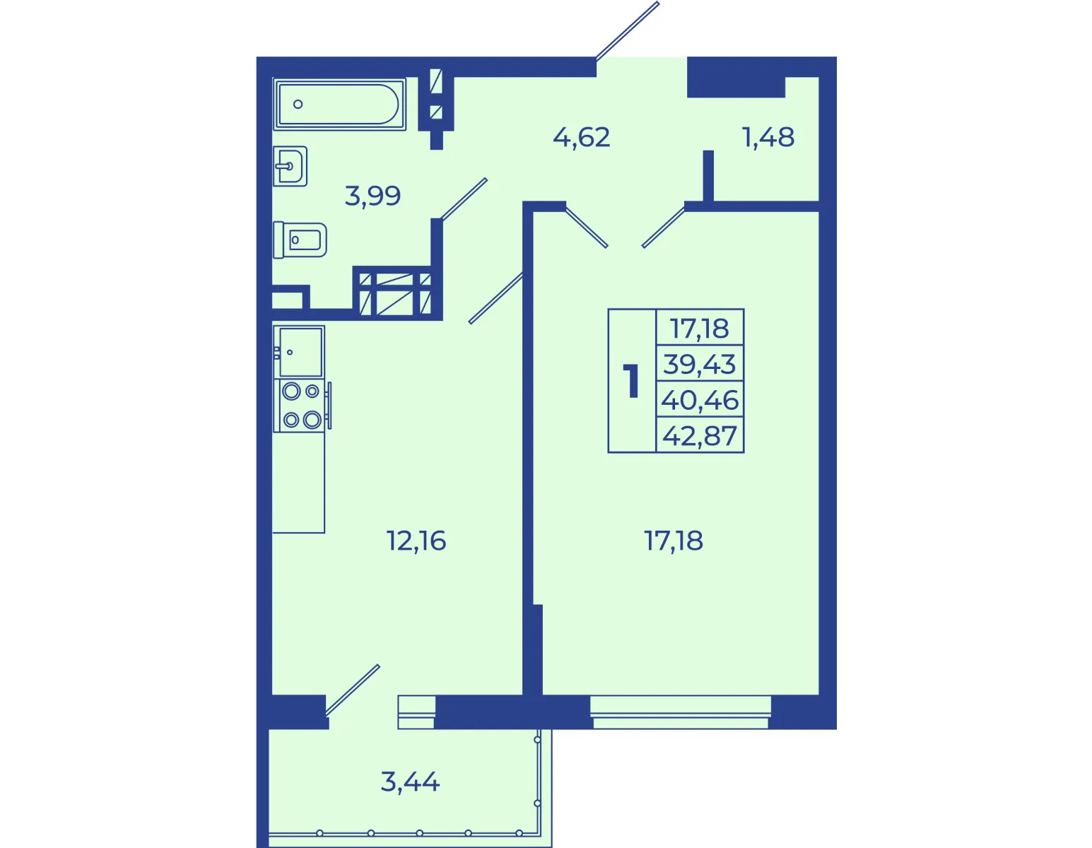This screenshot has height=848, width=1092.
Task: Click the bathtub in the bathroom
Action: point(340,105)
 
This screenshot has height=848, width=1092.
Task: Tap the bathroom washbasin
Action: point(290,166)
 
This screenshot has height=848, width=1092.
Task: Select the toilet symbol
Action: point(300,240)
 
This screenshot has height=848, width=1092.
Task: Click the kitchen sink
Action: point(299,351)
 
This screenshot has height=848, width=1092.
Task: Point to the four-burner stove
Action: point(302,406)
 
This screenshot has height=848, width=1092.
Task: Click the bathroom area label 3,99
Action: point(373,196)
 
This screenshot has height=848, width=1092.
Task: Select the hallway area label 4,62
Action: point(582,137)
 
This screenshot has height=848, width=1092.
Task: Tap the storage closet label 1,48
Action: point(768,137)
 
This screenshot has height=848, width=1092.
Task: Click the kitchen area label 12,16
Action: point(416,541)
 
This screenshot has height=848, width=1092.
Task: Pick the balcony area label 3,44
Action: point(410,782)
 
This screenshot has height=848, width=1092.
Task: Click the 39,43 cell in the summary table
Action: point(700,364)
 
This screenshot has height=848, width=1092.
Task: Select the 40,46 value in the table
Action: point(700,400)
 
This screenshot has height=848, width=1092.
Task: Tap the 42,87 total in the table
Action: point(700,435)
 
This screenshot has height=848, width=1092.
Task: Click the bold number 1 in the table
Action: point(632,381)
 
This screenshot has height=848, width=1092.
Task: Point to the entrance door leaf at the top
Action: point(627,30)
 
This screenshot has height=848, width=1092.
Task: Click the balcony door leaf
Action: point(352,690)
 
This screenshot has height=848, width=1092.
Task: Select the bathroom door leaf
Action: point(464,199)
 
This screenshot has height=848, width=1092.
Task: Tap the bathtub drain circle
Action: point(298,105)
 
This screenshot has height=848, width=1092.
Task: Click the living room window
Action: point(681,712)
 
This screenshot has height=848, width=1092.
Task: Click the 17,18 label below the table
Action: point(674,541)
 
